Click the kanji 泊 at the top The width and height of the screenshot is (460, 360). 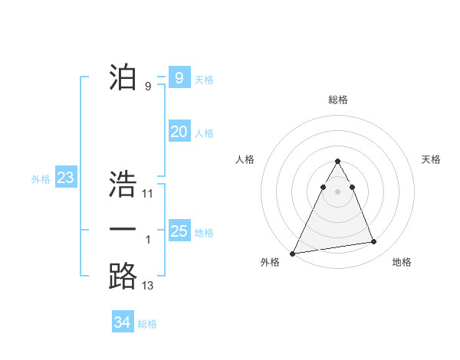click(123, 77)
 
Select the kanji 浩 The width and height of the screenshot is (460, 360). click(123, 184)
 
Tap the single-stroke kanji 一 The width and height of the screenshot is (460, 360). click(123, 231)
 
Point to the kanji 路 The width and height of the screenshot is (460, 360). click(123, 277)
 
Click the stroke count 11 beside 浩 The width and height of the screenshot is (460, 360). click(148, 194)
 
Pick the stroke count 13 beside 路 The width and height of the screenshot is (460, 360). click(148, 286)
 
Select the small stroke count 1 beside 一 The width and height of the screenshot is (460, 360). click(148, 240)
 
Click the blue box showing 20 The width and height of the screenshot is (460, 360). click(179, 132)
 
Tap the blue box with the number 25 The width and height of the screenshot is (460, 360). click(179, 231)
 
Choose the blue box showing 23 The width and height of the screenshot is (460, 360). click(66, 178)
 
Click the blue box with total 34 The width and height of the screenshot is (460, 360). click(123, 322)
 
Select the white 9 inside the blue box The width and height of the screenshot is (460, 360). click(179, 77)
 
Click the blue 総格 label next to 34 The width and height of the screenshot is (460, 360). click(147, 324)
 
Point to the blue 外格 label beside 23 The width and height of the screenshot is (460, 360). click(41, 179)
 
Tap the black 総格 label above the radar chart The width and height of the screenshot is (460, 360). click(338, 100)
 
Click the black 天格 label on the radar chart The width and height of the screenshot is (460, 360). click(431, 159)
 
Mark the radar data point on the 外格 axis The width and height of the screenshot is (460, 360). click(293, 253)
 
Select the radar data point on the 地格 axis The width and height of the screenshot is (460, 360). click(374, 242)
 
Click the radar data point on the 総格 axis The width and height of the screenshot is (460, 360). click(338, 162)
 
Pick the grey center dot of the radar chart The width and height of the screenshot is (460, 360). click(338, 191)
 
